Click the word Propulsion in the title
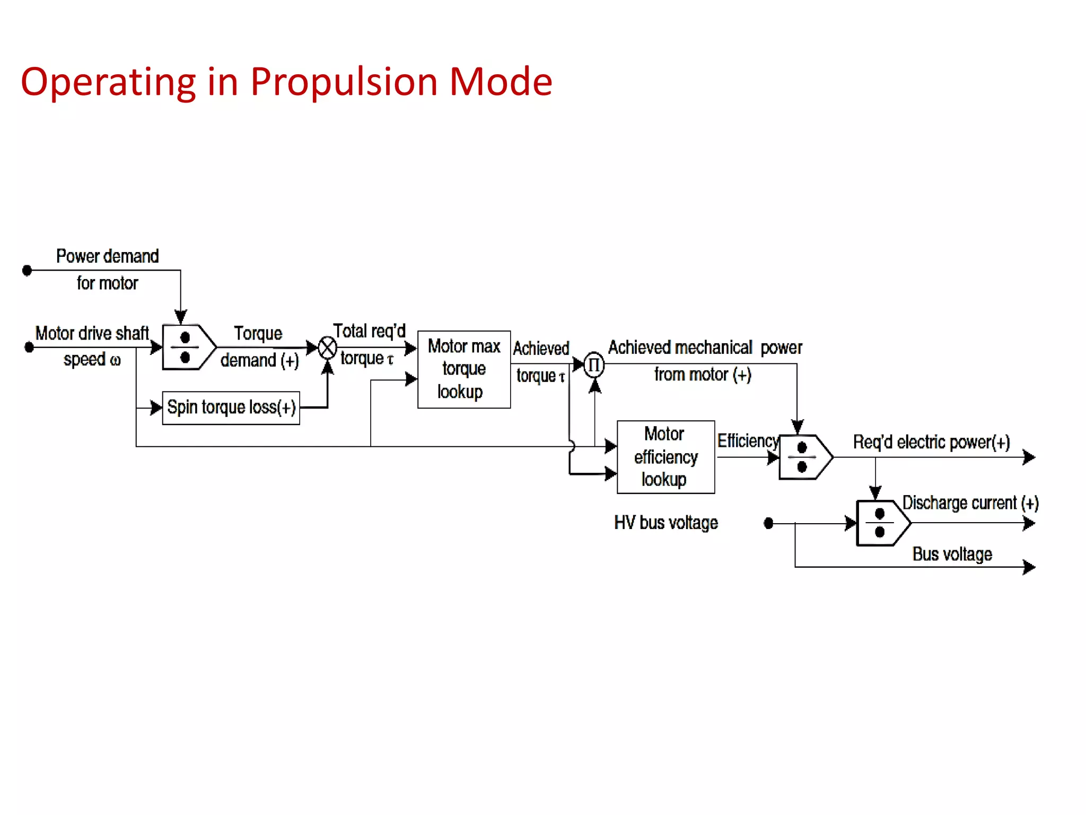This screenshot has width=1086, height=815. tap(344, 82)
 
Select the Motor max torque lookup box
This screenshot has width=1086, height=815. tap(464, 369)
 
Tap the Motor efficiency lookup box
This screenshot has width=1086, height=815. tap(665, 457)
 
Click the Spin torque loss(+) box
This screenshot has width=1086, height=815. tap(231, 407)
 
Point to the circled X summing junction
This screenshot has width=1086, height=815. tap(328, 348)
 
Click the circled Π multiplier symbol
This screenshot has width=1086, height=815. tap(594, 365)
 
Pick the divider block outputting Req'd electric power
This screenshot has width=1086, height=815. tap(804, 457)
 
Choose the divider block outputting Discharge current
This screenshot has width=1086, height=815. tap(882, 523)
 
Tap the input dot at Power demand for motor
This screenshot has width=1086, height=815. tap(28, 271)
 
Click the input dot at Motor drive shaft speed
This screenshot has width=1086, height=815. tap(30, 348)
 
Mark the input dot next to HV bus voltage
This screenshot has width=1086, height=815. tap(768, 524)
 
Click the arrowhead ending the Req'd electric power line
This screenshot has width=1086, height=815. tap(1028, 457)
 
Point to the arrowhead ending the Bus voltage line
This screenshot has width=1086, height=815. tap(1028, 567)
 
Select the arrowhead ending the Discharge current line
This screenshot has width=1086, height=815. tap(1028, 524)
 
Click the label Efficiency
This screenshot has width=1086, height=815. tap(748, 441)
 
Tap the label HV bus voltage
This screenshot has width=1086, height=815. tap(666, 523)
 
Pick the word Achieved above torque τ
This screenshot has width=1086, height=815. tap(541, 349)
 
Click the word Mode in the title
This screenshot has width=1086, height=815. tap(501, 82)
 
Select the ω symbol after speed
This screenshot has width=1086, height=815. tap(115, 360)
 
